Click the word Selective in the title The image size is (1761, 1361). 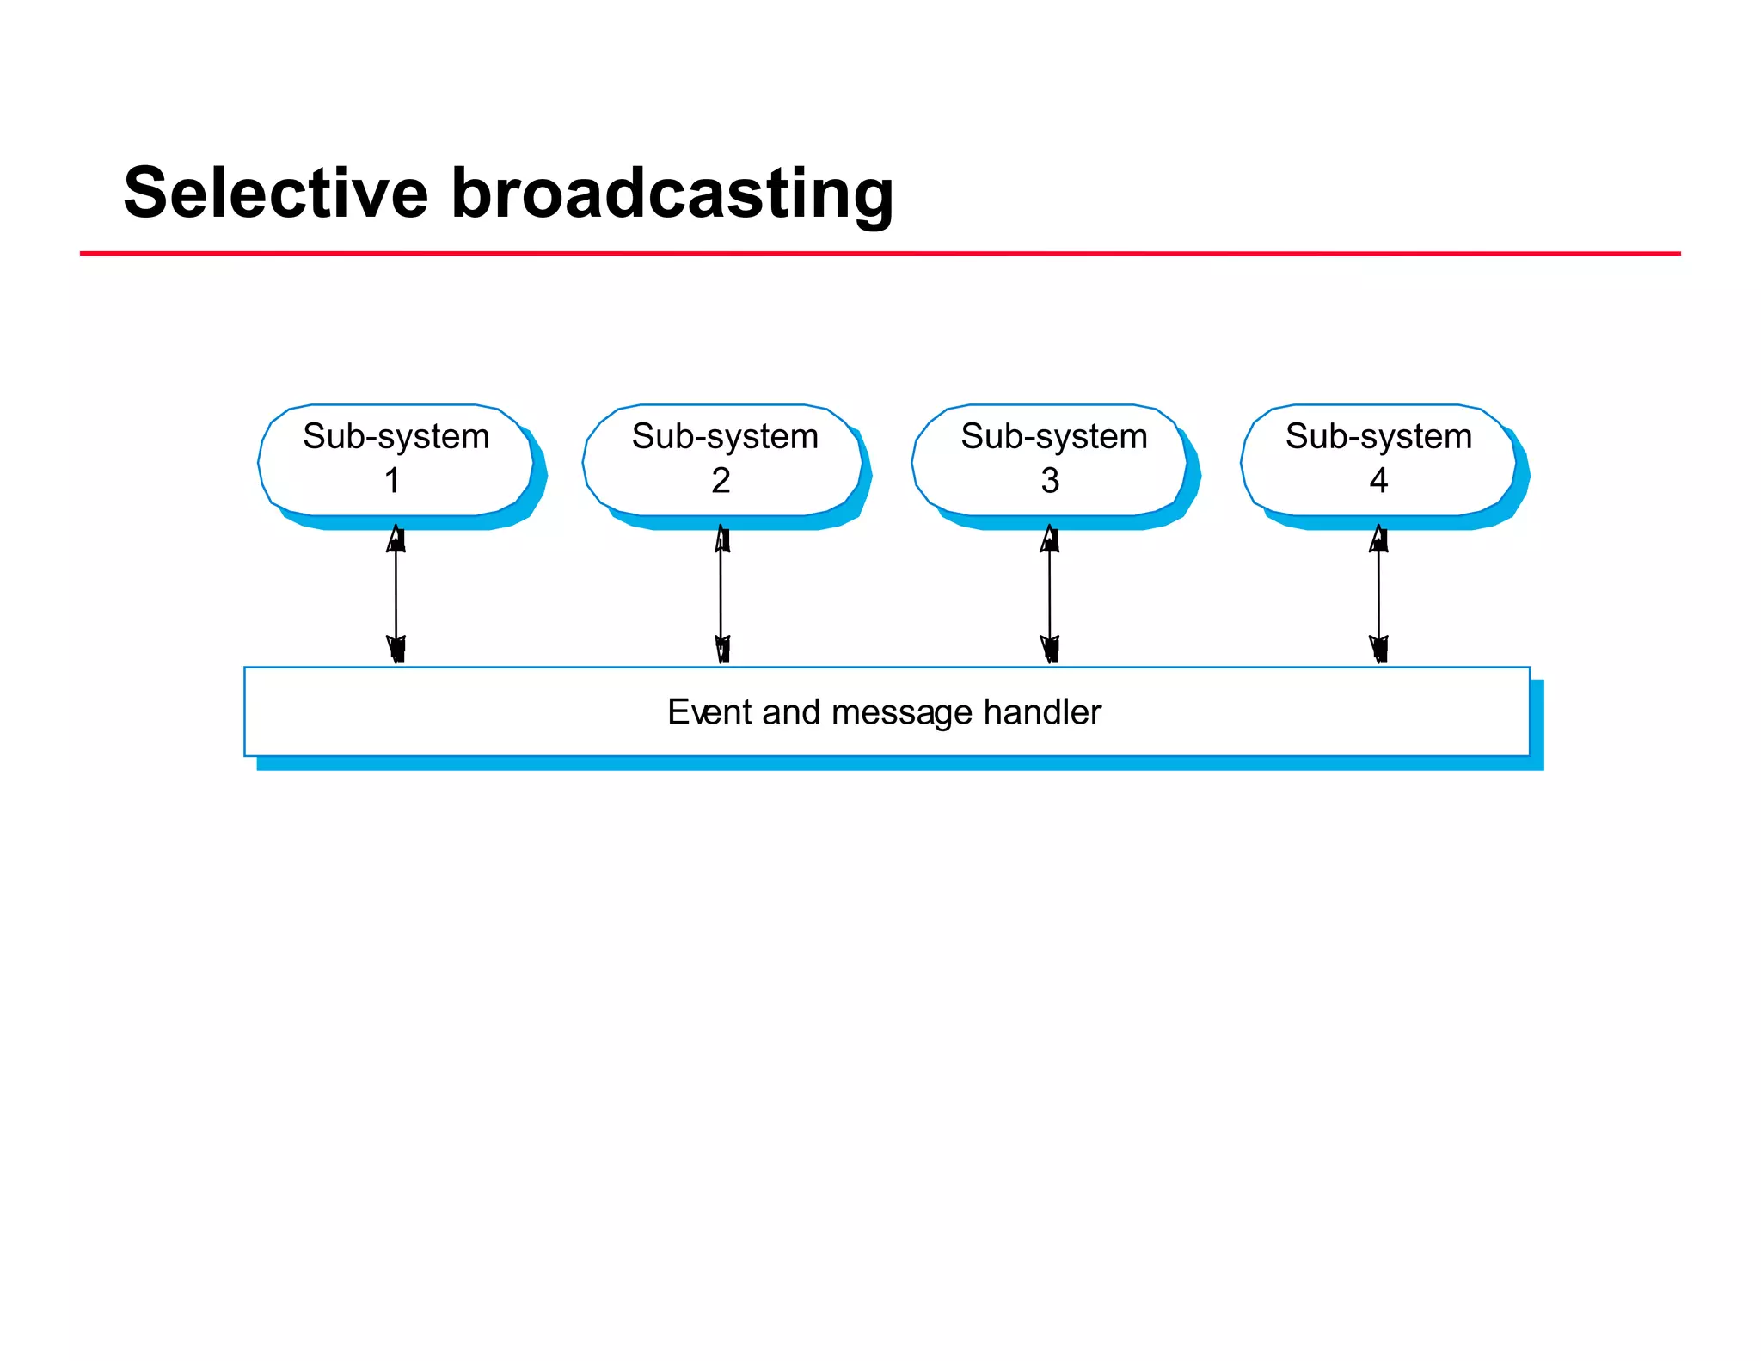275,193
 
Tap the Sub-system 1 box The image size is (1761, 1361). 396,459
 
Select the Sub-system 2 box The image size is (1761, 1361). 722,459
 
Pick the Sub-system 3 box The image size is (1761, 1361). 1051,459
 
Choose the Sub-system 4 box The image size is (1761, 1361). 1378,459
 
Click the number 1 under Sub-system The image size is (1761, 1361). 392,481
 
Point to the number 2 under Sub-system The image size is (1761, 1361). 721,481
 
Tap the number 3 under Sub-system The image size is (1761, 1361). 1050,481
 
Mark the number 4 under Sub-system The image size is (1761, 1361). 1378,481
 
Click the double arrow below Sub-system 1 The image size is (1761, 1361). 396,594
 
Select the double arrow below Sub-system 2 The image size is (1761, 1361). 721,594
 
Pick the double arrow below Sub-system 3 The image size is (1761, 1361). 1050,594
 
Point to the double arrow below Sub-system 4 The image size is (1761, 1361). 1378,594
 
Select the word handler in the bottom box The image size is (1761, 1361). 1042,712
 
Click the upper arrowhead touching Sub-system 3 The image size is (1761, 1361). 1050,539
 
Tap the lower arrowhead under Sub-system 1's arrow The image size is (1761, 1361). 396,649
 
